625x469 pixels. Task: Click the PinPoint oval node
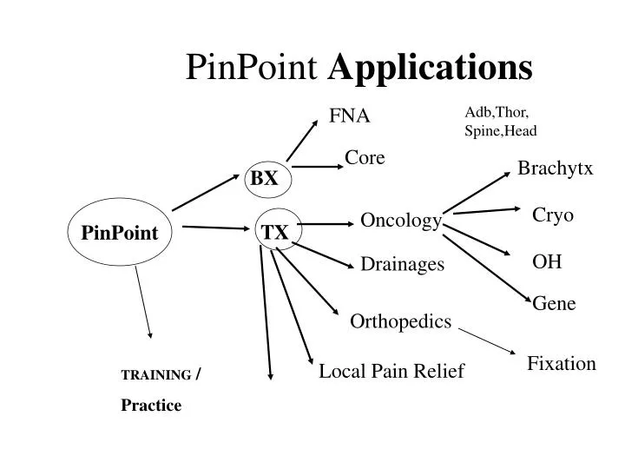[x=120, y=232]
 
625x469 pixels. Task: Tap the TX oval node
[x=276, y=232]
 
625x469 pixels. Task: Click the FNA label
[x=349, y=116]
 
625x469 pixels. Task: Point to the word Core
[x=365, y=157]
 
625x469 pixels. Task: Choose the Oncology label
[x=400, y=221]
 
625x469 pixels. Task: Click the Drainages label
[x=402, y=263]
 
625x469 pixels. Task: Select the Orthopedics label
[x=400, y=322]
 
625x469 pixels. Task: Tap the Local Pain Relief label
[x=391, y=372]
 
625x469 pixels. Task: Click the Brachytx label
[x=555, y=168]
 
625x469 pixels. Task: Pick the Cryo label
[x=553, y=215]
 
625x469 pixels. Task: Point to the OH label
[x=547, y=261]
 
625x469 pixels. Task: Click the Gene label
[x=554, y=303]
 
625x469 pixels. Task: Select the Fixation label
[x=562, y=364]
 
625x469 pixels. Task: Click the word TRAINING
[x=156, y=375]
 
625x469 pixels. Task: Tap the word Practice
[x=151, y=406]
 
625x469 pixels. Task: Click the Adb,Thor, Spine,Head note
[x=501, y=122]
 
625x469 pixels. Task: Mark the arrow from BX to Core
[x=316, y=168]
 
